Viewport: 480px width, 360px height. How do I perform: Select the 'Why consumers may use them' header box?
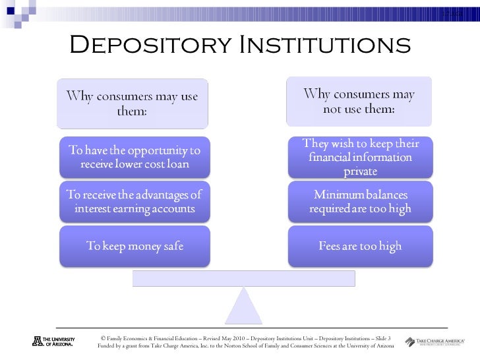(133, 104)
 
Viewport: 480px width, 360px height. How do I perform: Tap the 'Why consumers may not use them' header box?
(359, 102)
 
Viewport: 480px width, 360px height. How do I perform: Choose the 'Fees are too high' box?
(359, 247)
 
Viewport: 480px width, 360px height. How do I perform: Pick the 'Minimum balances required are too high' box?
(359, 203)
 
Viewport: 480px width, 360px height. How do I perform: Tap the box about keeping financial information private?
(359, 158)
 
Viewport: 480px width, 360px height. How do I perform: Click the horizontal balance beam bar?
(243, 278)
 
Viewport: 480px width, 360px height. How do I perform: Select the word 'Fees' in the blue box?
(331, 247)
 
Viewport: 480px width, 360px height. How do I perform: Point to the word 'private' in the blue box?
(360, 172)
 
